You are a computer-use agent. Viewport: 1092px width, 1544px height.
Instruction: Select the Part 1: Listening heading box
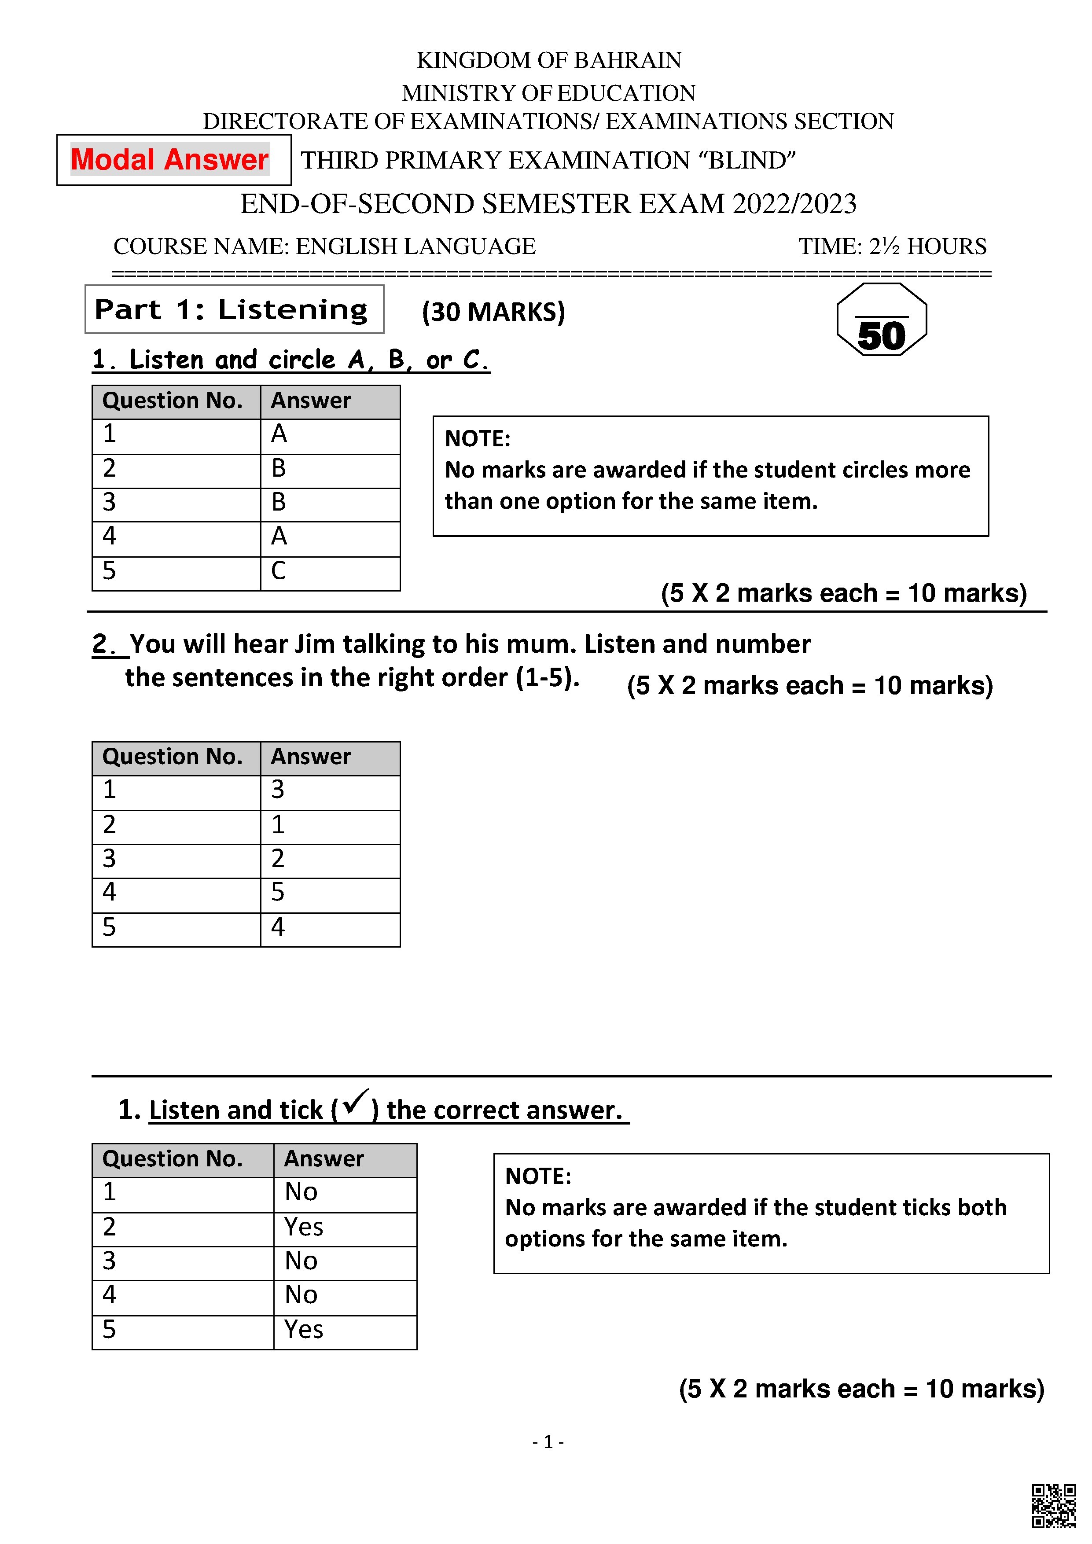tap(234, 309)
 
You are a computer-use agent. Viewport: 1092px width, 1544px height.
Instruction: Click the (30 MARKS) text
tap(493, 312)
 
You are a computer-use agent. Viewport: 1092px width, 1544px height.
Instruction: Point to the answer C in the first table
tap(278, 571)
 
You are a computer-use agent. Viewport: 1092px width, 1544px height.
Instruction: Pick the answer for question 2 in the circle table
tap(278, 468)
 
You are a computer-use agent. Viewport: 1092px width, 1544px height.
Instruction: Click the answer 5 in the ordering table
tap(278, 892)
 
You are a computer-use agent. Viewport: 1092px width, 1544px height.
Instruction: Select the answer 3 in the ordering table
tap(278, 790)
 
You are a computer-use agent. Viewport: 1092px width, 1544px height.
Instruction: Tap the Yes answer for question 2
tap(303, 1227)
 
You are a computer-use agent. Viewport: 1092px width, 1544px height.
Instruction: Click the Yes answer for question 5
tap(303, 1330)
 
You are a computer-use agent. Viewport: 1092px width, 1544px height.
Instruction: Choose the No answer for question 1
tap(301, 1192)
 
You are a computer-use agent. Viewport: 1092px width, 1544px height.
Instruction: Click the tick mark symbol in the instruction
tap(354, 1103)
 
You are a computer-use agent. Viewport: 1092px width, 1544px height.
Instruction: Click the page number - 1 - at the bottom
tap(548, 1442)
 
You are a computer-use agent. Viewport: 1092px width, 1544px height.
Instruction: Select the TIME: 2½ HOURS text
tap(892, 247)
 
